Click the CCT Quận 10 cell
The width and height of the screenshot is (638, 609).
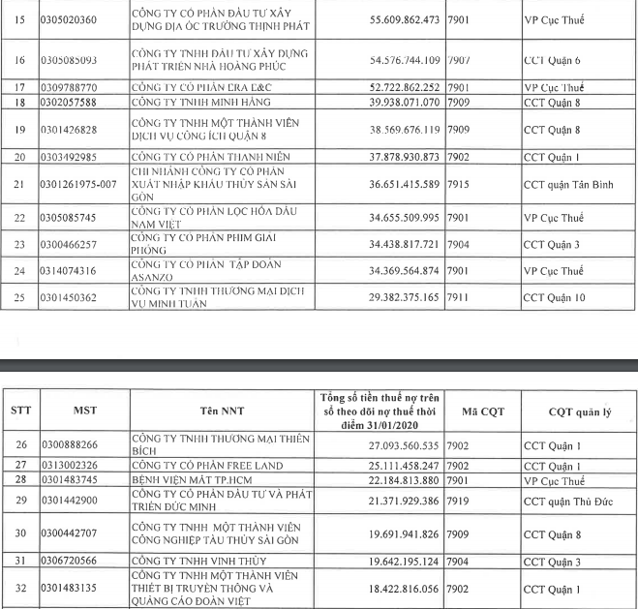click(x=551, y=297)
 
